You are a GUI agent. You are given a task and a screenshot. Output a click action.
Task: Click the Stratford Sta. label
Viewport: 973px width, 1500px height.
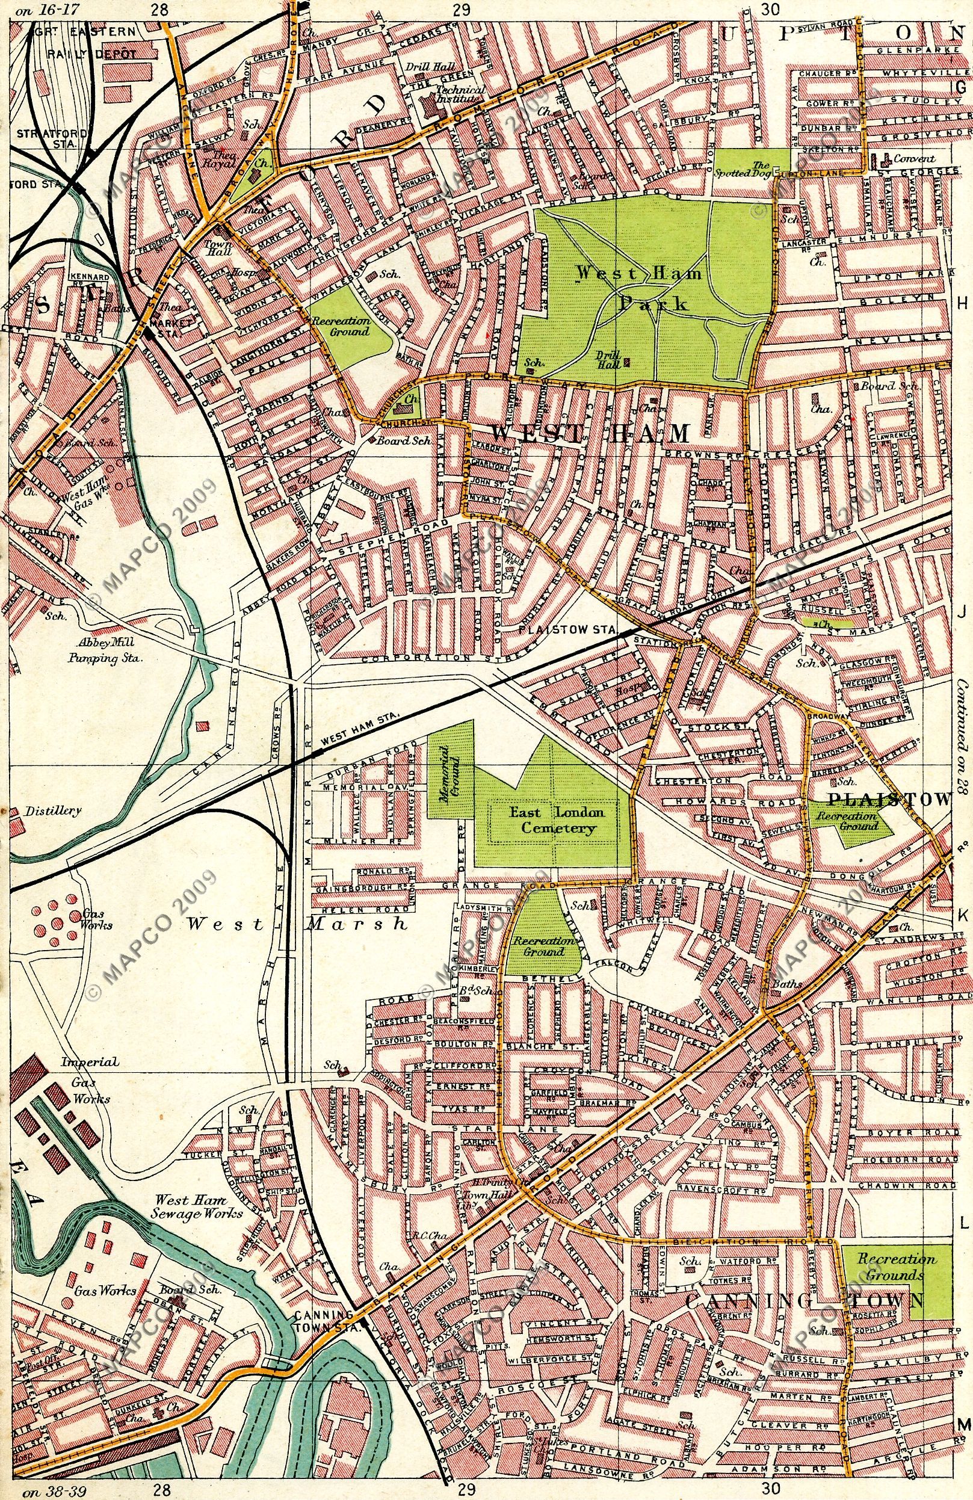46,138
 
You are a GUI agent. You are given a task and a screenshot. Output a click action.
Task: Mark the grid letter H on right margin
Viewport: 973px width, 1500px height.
962,304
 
